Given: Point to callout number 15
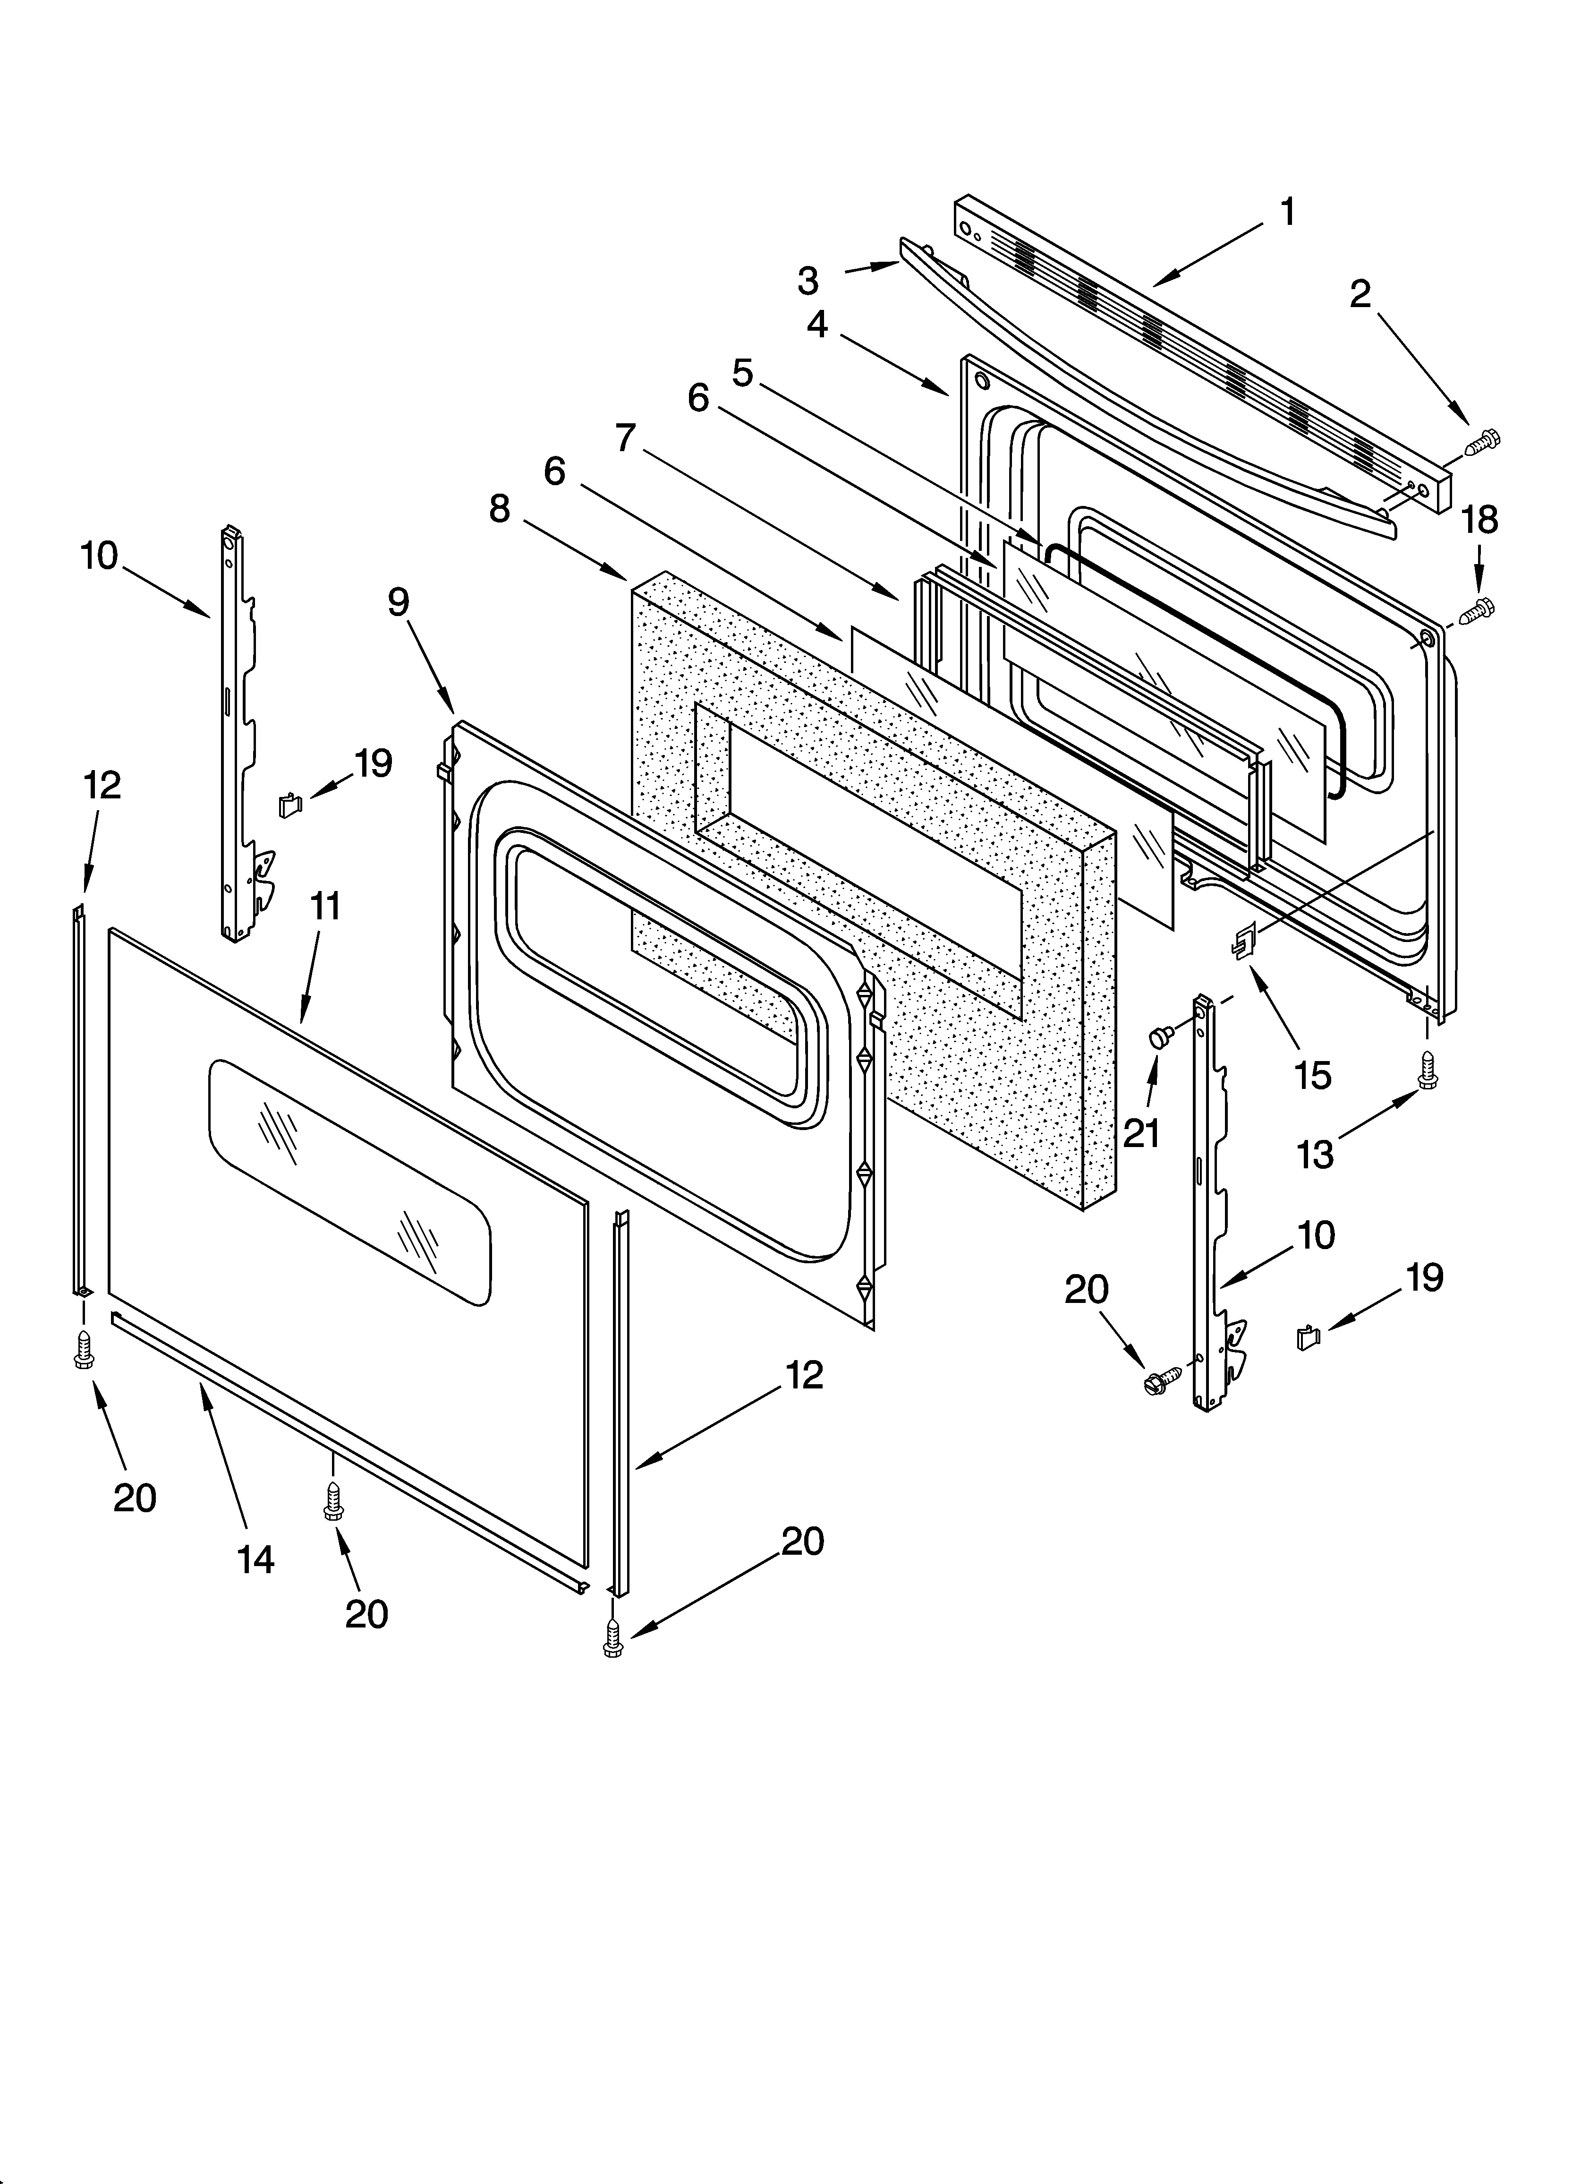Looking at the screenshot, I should point(1312,1075).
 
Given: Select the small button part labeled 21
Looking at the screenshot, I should point(1159,1037).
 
